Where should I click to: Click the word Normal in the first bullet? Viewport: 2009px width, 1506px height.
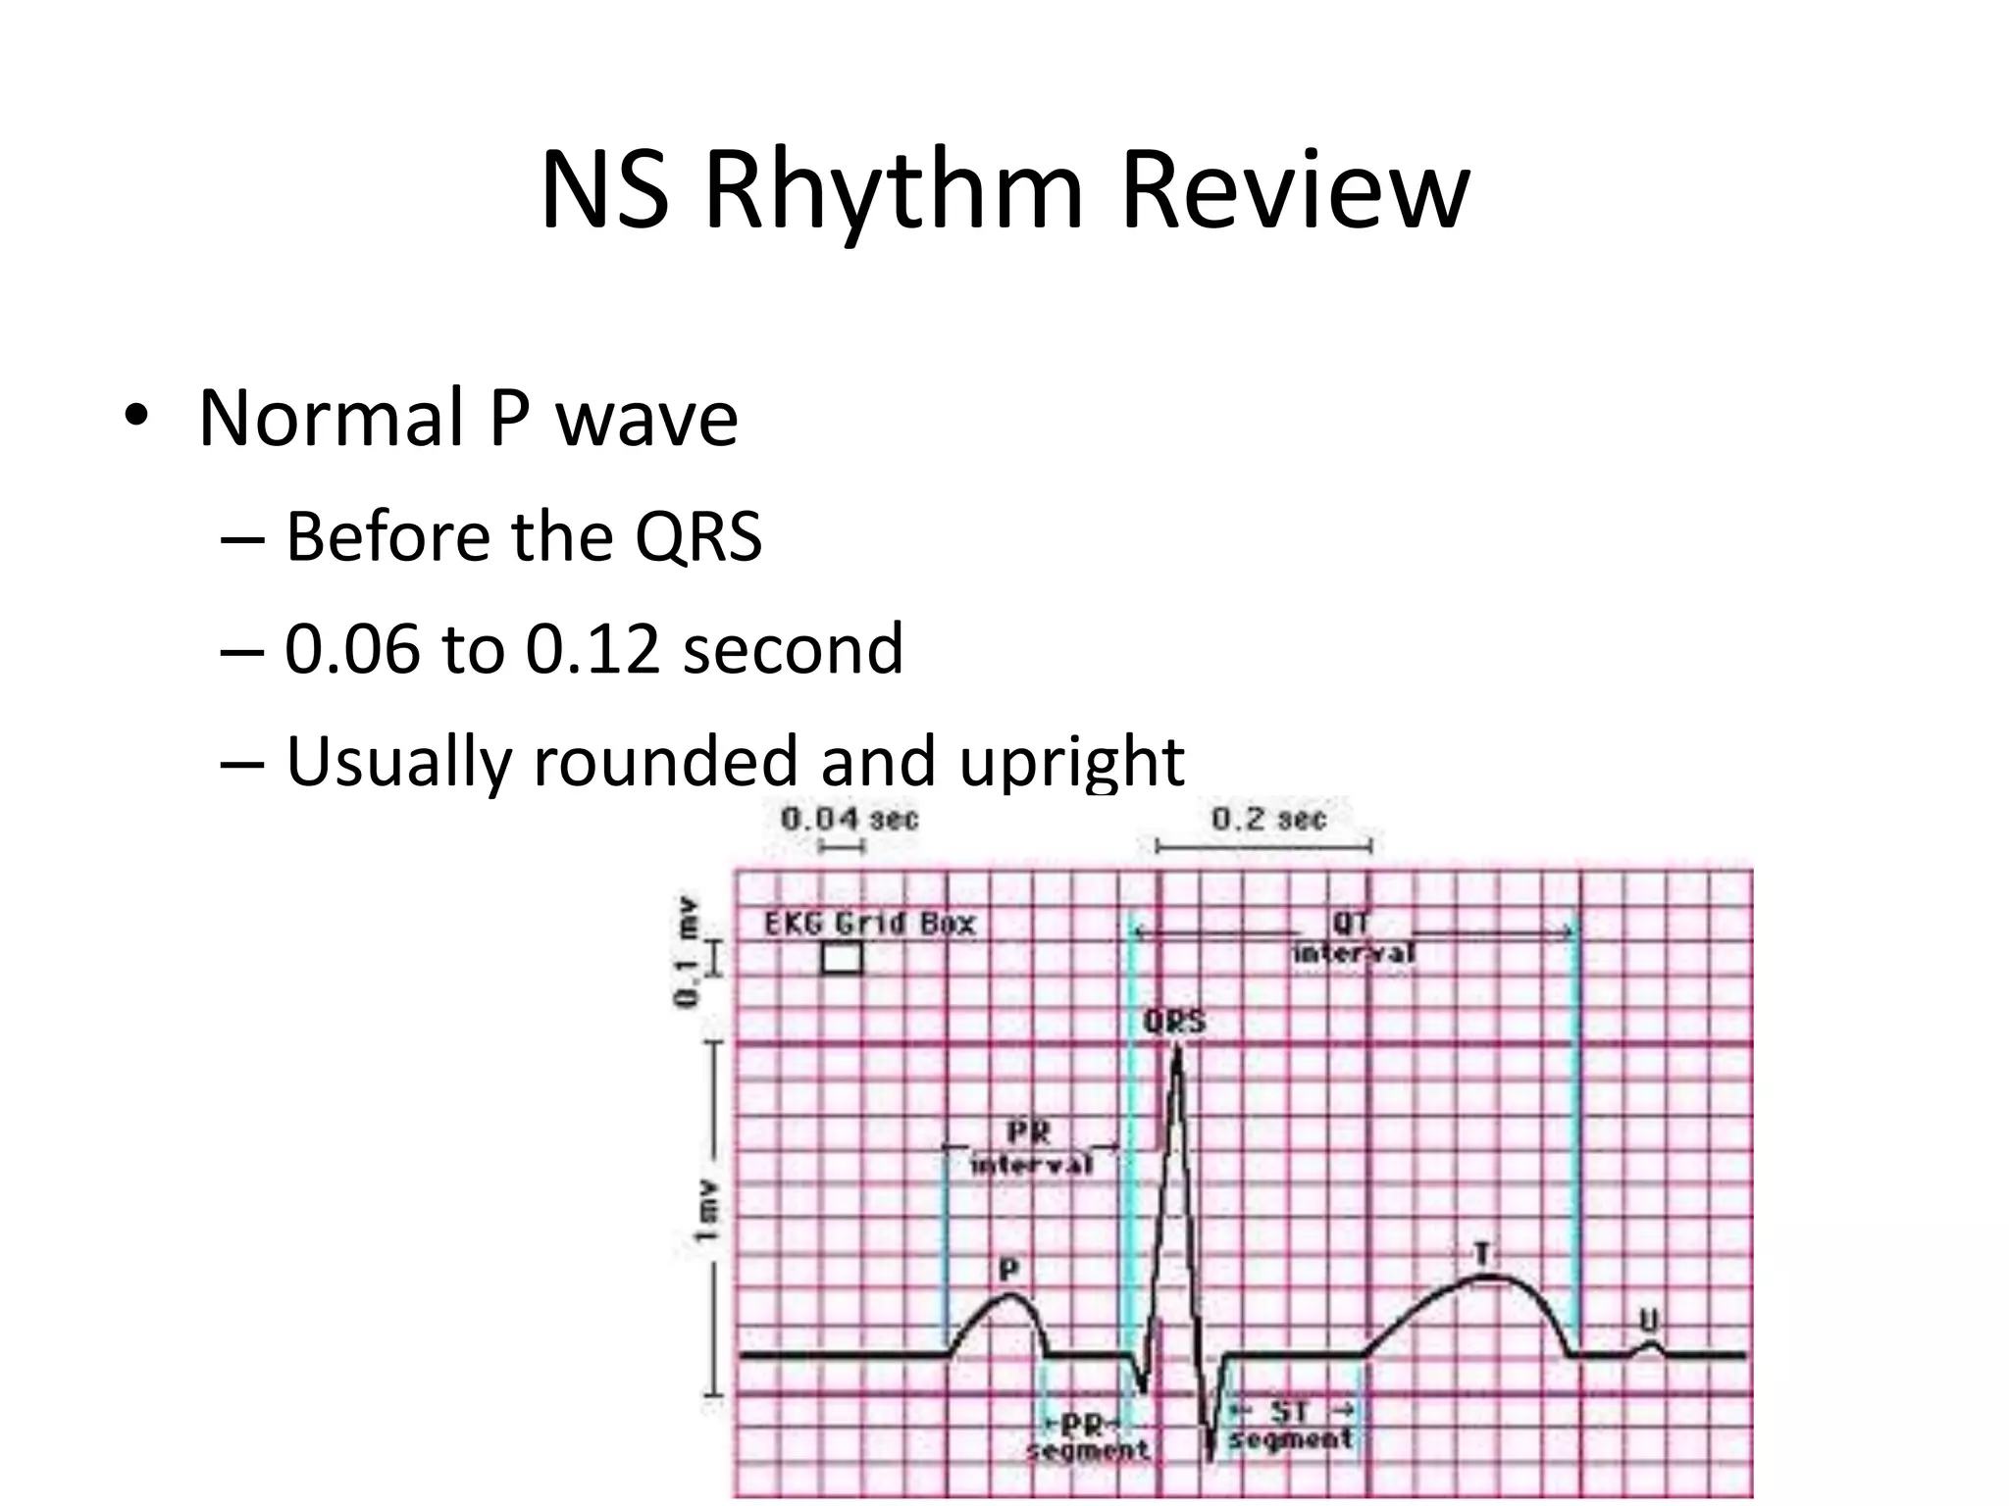pyautogui.click(x=331, y=419)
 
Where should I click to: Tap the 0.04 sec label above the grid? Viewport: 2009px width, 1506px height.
pyautogui.click(x=849, y=820)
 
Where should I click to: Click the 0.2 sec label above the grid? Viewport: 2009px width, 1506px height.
pyautogui.click(x=1268, y=819)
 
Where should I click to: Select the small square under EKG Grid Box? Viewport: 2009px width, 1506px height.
pyautogui.click(x=842, y=958)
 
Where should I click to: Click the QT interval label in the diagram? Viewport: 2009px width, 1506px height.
pyautogui.click(x=1354, y=937)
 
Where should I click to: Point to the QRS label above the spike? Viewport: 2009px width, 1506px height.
pyautogui.click(x=1174, y=1023)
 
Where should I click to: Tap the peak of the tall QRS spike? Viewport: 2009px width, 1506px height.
pyautogui.click(x=1176, y=1049)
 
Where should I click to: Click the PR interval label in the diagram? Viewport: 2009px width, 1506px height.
pyautogui.click(x=1030, y=1148)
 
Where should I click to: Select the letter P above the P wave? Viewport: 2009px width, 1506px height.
pyautogui.click(x=1008, y=1271)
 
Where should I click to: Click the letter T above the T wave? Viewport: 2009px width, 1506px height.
pyautogui.click(x=1482, y=1254)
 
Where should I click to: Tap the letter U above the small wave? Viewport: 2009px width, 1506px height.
pyautogui.click(x=1649, y=1323)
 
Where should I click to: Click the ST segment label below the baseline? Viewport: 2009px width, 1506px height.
pyautogui.click(x=1290, y=1425)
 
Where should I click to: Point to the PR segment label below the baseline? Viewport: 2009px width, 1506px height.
pyautogui.click(x=1087, y=1436)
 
